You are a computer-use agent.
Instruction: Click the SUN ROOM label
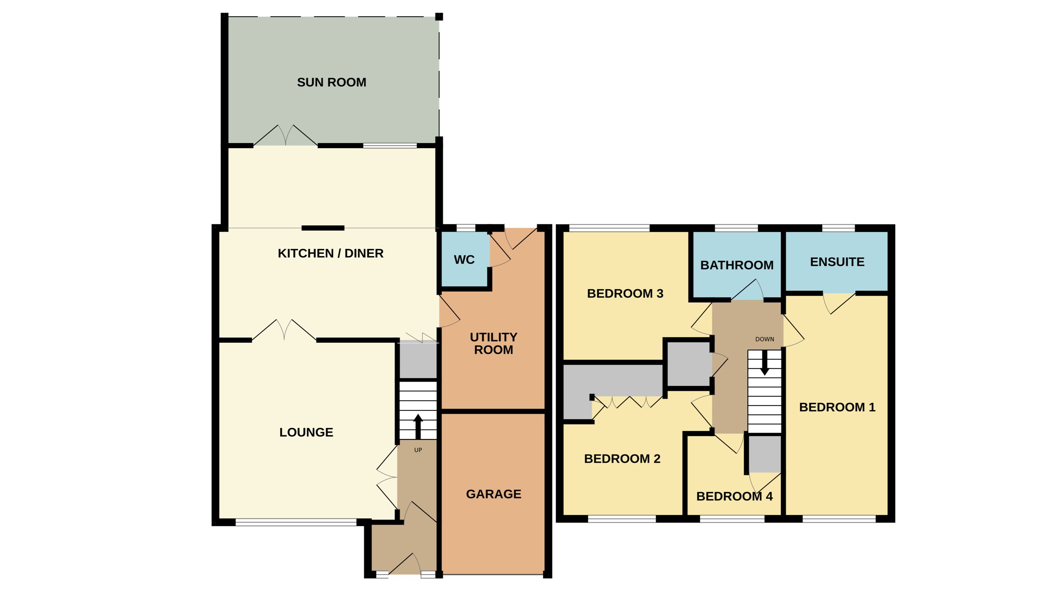(x=331, y=82)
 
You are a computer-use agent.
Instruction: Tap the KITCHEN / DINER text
(x=330, y=253)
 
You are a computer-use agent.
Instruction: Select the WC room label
(x=464, y=260)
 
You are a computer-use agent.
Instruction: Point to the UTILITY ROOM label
(x=493, y=343)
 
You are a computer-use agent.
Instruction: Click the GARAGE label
(x=493, y=494)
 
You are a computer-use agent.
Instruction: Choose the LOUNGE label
(x=306, y=432)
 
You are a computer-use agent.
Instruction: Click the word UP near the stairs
(x=418, y=450)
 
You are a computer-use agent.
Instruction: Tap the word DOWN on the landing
(x=765, y=339)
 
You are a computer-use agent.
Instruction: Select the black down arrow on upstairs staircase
(x=765, y=364)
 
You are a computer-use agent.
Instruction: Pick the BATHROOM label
(x=737, y=265)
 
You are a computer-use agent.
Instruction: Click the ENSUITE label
(x=837, y=262)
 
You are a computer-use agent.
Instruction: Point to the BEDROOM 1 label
(x=837, y=407)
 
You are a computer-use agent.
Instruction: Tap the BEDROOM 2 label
(x=622, y=459)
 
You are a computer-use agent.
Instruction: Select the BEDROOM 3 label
(x=625, y=293)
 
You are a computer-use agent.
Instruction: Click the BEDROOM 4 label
(x=734, y=496)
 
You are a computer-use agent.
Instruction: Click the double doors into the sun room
(x=285, y=137)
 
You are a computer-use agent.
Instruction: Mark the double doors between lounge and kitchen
(x=284, y=331)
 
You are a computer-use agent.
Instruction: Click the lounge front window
(x=296, y=522)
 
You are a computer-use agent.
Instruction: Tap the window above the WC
(x=466, y=228)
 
